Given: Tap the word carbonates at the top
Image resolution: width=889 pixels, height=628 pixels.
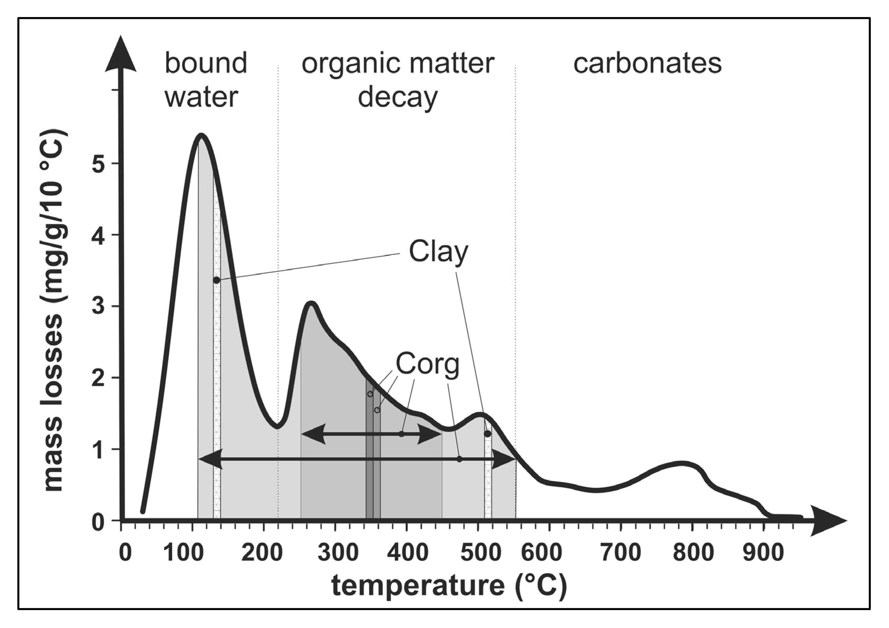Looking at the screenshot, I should [647, 63].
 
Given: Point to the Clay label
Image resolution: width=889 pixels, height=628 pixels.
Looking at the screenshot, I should [438, 252].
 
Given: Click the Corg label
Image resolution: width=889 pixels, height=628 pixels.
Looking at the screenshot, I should [427, 364].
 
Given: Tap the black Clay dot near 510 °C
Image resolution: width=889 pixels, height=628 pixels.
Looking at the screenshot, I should [487, 434].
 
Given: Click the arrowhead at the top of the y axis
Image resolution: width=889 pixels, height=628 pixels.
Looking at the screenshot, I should [121, 54].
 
